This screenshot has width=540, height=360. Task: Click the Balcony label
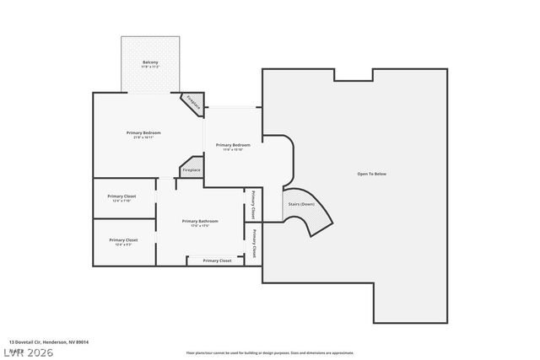click(150, 62)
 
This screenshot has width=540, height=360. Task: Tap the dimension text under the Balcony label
click(150, 67)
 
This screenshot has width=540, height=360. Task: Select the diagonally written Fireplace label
click(193, 104)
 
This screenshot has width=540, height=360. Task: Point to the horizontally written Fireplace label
click(192, 170)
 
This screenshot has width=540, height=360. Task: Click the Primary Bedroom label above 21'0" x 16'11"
click(143, 132)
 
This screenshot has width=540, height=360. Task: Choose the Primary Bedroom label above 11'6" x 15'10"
click(233, 145)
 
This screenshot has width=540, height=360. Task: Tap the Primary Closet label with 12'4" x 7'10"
click(123, 196)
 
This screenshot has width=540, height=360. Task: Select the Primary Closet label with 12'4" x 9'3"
click(123, 239)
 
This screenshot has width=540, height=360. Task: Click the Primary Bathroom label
click(200, 221)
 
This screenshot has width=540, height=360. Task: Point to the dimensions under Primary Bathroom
click(200, 226)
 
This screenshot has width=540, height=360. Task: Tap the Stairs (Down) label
click(301, 204)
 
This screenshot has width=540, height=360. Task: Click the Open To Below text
click(371, 174)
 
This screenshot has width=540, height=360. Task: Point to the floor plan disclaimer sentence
click(270, 353)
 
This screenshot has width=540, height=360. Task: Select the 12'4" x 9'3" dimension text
click(123, 244)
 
